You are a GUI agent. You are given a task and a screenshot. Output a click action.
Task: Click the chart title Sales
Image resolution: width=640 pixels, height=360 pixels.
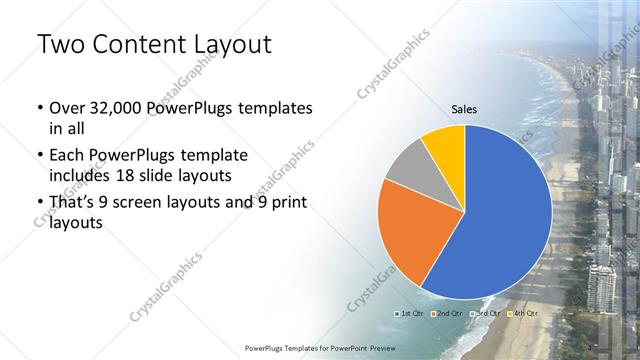point(464,108)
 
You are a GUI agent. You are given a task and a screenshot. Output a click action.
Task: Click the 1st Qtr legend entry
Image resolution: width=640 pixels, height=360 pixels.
point(409,314)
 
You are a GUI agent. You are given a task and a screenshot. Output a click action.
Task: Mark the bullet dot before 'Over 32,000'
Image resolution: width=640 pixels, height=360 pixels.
point(38,108)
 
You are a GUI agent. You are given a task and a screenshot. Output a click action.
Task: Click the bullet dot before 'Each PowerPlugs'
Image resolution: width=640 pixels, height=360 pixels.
point(38,156)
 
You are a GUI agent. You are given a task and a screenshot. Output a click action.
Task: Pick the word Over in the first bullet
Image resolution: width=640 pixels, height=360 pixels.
point(68,108)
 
